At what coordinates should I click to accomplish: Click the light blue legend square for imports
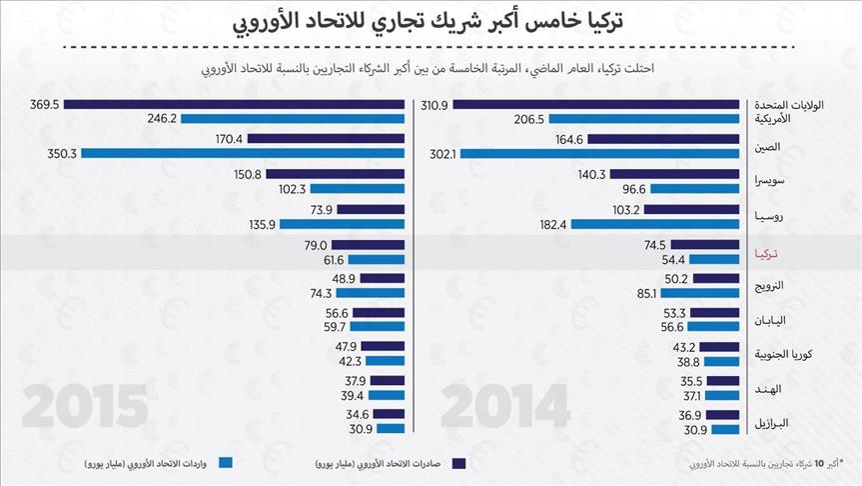point(225,463)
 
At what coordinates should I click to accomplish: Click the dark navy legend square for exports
point(459,463)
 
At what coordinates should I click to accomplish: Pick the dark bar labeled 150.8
point(335,174)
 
